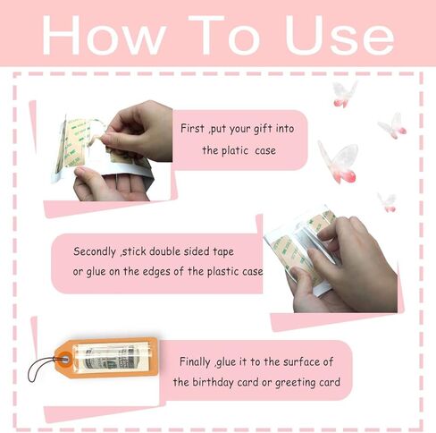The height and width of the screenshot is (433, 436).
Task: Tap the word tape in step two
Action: (247, 250)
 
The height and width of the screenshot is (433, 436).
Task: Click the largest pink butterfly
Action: (338, 159)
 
